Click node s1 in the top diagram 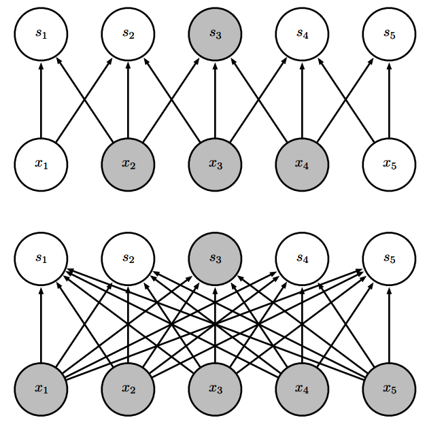(41, 34)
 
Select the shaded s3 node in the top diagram (215, 34)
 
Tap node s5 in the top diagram (389, 34)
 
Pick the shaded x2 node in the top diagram (128, 164)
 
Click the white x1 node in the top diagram (41, 164)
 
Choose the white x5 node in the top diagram (389, 164)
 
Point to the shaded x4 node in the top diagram (302, 164)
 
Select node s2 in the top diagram (128, 34)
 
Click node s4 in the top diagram (302, 34)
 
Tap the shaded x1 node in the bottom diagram (41, 389)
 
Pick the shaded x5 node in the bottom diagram (389, 389)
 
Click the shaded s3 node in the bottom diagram (215, 258)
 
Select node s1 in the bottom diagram (41, 258)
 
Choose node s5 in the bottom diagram (389, 258)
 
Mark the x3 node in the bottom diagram (215, 389)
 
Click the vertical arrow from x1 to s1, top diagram (41, 99)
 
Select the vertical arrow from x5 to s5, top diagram (389, 99)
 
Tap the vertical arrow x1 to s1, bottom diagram (41, 323)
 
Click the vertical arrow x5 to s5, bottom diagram (389, 323)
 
